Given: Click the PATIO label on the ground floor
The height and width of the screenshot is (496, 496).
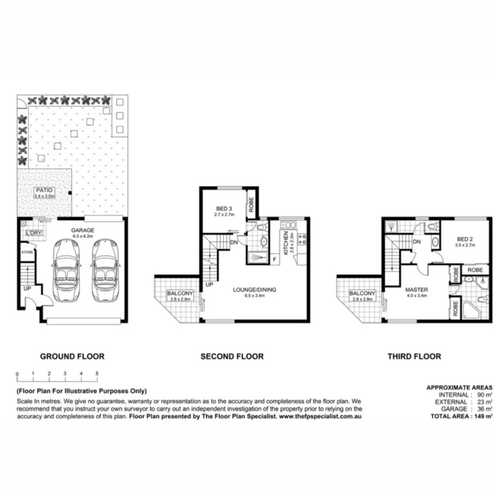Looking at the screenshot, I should [45, 190].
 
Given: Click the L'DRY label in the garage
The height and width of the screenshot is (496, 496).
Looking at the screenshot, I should [34, 233].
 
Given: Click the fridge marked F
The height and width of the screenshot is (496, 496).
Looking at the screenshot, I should [275, 259].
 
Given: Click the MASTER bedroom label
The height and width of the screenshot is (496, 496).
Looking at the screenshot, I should [417, 290].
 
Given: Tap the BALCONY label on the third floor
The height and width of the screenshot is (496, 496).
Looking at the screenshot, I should [363, 293].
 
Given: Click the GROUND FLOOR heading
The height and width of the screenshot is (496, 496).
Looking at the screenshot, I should [72, 356].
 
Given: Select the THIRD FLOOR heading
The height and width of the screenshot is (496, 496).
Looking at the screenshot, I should [414, 356].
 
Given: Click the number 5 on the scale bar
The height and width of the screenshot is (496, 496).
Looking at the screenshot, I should [97, 373].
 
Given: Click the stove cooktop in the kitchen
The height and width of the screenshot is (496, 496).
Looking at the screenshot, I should [303, 239].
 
